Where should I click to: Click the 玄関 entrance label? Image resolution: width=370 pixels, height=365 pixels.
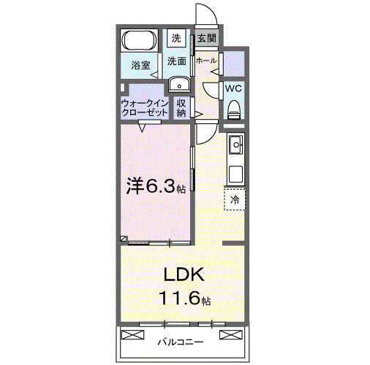206,37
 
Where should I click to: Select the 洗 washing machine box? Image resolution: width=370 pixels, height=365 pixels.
176,37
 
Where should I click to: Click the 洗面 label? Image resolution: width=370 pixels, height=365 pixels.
176,62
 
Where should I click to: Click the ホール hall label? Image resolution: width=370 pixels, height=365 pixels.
206,61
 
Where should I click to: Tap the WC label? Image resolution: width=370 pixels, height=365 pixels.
234,88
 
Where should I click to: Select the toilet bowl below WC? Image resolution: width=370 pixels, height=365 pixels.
234,110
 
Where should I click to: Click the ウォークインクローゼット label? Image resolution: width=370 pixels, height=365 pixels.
146,108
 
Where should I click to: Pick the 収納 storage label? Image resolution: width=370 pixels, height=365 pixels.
182,108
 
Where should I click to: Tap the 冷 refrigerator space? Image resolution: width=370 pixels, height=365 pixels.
235,199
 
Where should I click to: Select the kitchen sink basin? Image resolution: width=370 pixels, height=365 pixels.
235,148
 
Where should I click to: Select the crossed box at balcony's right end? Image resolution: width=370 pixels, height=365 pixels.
229,335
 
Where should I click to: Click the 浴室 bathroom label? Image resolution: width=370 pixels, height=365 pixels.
140,65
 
